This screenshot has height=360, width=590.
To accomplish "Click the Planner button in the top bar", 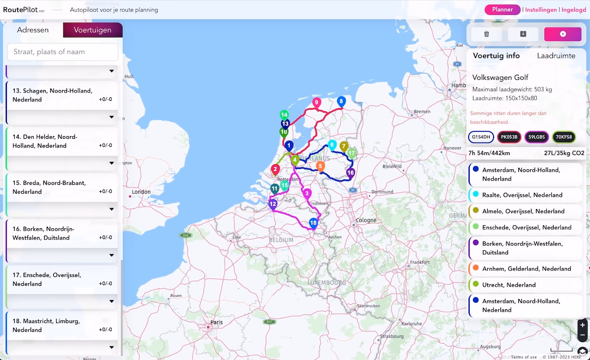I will click(x=502, y=9).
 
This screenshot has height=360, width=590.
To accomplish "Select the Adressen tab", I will click(x=33, y=30).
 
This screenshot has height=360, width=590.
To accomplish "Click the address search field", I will click(x=63, y=52).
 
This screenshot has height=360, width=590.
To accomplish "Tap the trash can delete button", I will click(x=487, y=34).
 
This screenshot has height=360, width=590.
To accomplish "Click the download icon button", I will click(x=523, y=34).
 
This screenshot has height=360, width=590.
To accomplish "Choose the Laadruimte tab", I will click(x=556, y=56).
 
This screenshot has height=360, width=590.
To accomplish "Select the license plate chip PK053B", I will click(x=509, y=137).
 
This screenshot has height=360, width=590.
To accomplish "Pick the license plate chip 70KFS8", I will click(x=564, y=137).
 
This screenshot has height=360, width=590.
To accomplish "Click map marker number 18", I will click(x=313, y=223).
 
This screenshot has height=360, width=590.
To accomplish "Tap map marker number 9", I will click(x=317, y=102).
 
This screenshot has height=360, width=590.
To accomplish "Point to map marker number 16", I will click(x=350, y=173).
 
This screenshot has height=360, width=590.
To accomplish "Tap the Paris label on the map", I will click(x=216, y=323).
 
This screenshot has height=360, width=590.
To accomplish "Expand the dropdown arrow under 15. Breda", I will click(x=112, y=209).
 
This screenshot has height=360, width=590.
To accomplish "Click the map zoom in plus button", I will click(x=583, y=325).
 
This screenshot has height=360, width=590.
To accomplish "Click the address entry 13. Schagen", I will click(x=52, y=95).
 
